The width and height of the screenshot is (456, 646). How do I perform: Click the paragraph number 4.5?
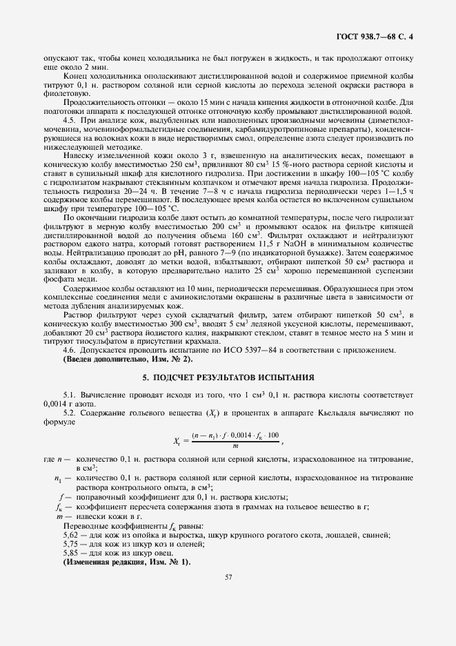tap(69, 119)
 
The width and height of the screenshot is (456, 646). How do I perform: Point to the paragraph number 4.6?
tap(69, 350)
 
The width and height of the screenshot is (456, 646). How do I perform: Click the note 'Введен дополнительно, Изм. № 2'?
tap(128, 359)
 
